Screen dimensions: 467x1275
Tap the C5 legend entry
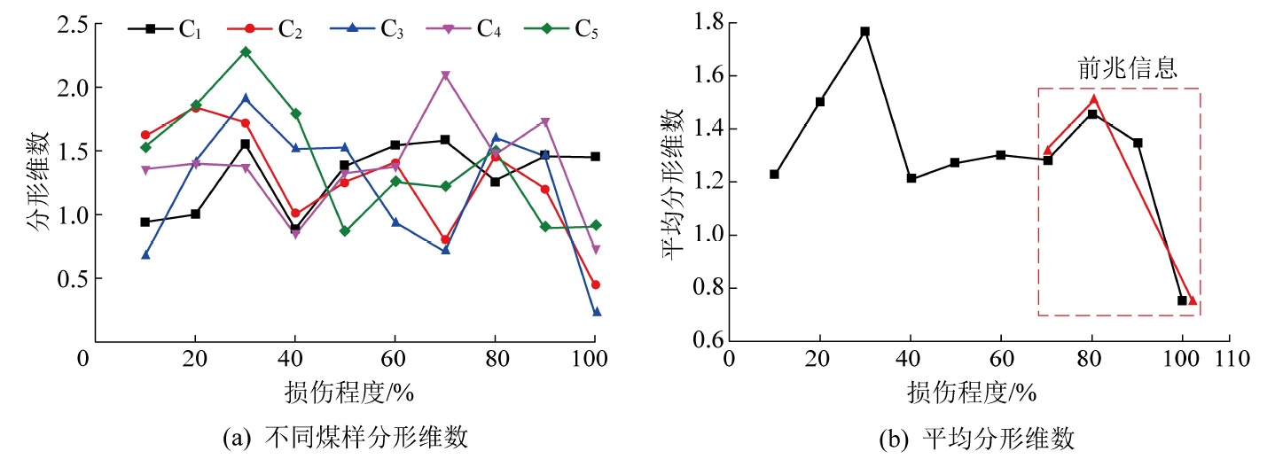click(567, 28)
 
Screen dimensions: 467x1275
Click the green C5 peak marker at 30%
click(246, 51)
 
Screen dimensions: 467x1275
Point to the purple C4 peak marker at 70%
click(445, 75)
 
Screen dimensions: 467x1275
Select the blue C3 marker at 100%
click(596, 312)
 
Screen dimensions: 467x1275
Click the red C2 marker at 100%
click(596, 284)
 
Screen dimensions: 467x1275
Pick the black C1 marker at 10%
click(145, 222)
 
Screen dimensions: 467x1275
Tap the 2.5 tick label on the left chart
click(67, 25)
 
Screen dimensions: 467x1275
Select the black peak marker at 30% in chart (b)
click(865, 31)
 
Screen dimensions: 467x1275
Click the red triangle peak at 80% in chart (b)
click(1094, 99)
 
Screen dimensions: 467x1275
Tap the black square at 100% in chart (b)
click(1182, 300)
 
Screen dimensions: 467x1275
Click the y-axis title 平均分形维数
click(673, 182)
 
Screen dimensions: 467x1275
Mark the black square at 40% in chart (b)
click(911, 178)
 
